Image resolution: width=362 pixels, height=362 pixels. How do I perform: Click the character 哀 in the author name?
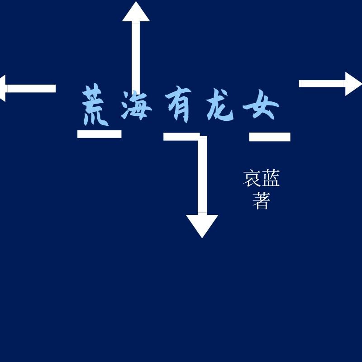pyautogui.click(x=252, y=178)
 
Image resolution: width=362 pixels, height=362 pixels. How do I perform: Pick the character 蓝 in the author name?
pyautogui.click(x=271, y=178)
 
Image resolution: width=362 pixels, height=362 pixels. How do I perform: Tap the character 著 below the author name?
pyautogui.click(x=261, y=201)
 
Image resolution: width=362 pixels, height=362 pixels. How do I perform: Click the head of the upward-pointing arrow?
pyautogui.click(x=136, y=13)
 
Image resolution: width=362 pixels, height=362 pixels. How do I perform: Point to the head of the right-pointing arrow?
pyautogui.click(x=353, y=84)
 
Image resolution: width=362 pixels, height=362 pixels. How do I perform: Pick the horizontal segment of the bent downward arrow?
pyautogui.click(x=179, y=137)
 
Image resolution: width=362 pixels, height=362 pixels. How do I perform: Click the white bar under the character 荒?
pyautogui.click(x=100, y=134)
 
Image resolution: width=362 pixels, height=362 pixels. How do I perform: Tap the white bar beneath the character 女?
pyautogui.click(x=270, y=137)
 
